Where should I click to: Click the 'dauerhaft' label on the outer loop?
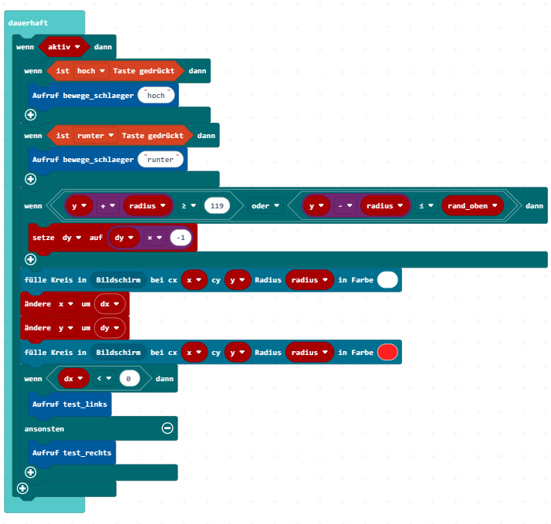click(x=28, y=23)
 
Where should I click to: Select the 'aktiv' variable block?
click(x=63, y=47)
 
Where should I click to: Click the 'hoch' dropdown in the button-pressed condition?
click(x=91, y=71)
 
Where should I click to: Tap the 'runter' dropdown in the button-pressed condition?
click(x=96, y=136)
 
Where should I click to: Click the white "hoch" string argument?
click(x=156, y=96)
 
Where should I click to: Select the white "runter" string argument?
click(x=161, y=160)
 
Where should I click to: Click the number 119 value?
click(x=217, y=206)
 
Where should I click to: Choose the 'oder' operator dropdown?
click(x=265, y=206)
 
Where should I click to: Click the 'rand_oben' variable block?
click(x=472, y=206)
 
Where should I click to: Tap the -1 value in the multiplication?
click(x=181, y=238)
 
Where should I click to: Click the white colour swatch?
click(x=387, y=280)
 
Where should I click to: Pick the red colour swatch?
click(x=387, y=353)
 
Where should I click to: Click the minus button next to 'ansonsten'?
click(x=167, y=428)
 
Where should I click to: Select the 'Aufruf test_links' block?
click(x=69, y=404)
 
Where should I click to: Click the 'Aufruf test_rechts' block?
click(x=72, y=453)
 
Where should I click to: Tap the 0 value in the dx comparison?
click(x=130, y=379)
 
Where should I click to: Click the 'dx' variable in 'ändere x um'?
click(x=110, y=304)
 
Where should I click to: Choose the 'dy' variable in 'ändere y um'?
click(x=110, y=328)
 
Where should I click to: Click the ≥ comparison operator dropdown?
click(x=189, y=206)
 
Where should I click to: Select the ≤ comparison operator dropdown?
click(x=426, y=206)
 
